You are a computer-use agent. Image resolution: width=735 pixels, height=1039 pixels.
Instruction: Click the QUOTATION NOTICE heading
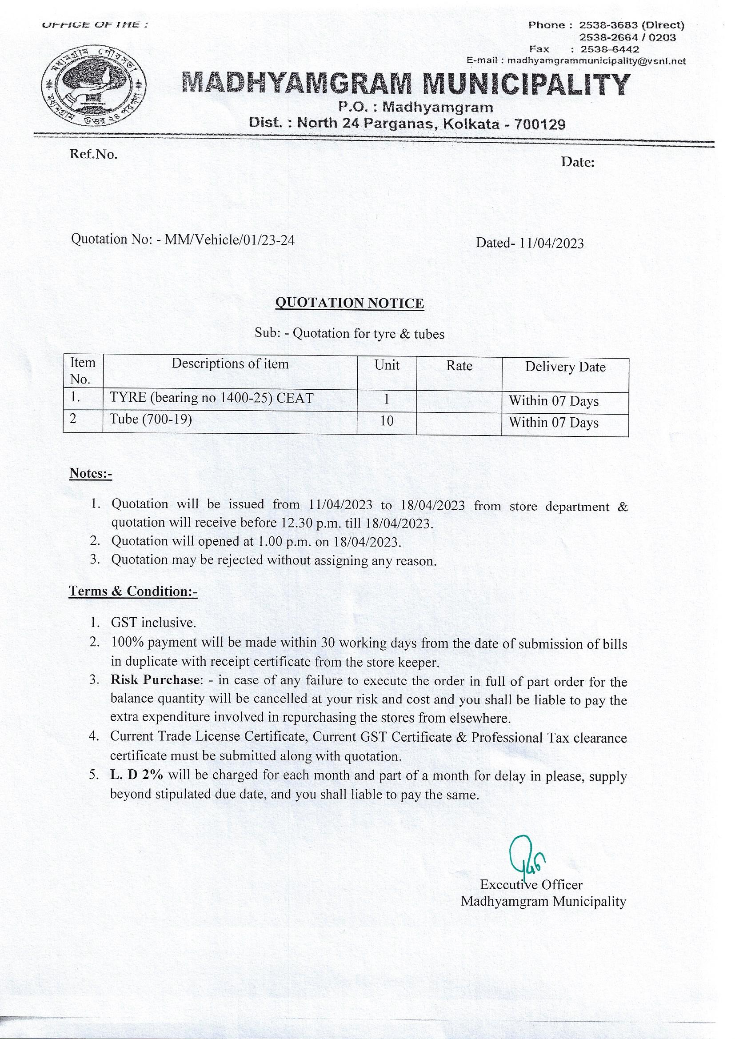(x=350, y=303)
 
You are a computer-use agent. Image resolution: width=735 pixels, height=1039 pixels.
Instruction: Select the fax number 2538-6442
(x=610, y=49)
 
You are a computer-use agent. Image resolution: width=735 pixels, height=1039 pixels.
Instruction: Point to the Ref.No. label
(x=93, y=155)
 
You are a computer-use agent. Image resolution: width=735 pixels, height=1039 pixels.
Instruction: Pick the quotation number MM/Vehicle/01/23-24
(x=229, y=240)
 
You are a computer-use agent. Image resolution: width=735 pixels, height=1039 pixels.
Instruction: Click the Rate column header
(x=459, y=366)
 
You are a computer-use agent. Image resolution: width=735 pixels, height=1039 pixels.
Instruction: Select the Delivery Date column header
(x=565, y=367)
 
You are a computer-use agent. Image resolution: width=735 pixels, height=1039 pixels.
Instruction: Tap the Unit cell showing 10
(x=387, y=421)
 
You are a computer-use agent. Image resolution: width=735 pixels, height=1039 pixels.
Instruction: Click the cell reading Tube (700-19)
(x=151, y=420)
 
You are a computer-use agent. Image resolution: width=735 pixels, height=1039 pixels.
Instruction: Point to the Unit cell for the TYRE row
(x=387, y=400)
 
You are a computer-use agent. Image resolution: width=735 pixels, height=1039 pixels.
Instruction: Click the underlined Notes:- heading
(x=91, y=473)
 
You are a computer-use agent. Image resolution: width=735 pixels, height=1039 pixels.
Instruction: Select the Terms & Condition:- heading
(x=133, y=591)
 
